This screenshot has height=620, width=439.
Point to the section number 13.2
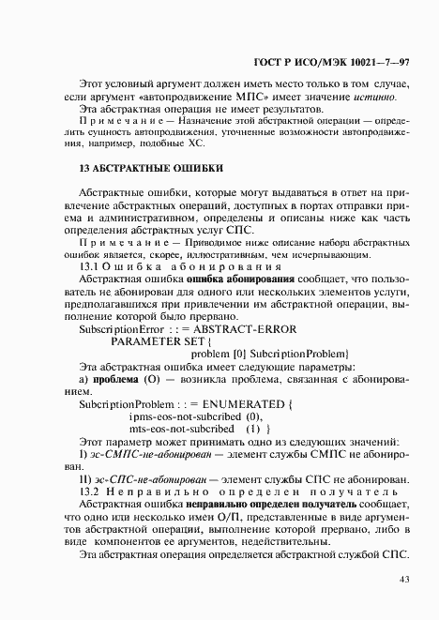pos(91,491)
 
